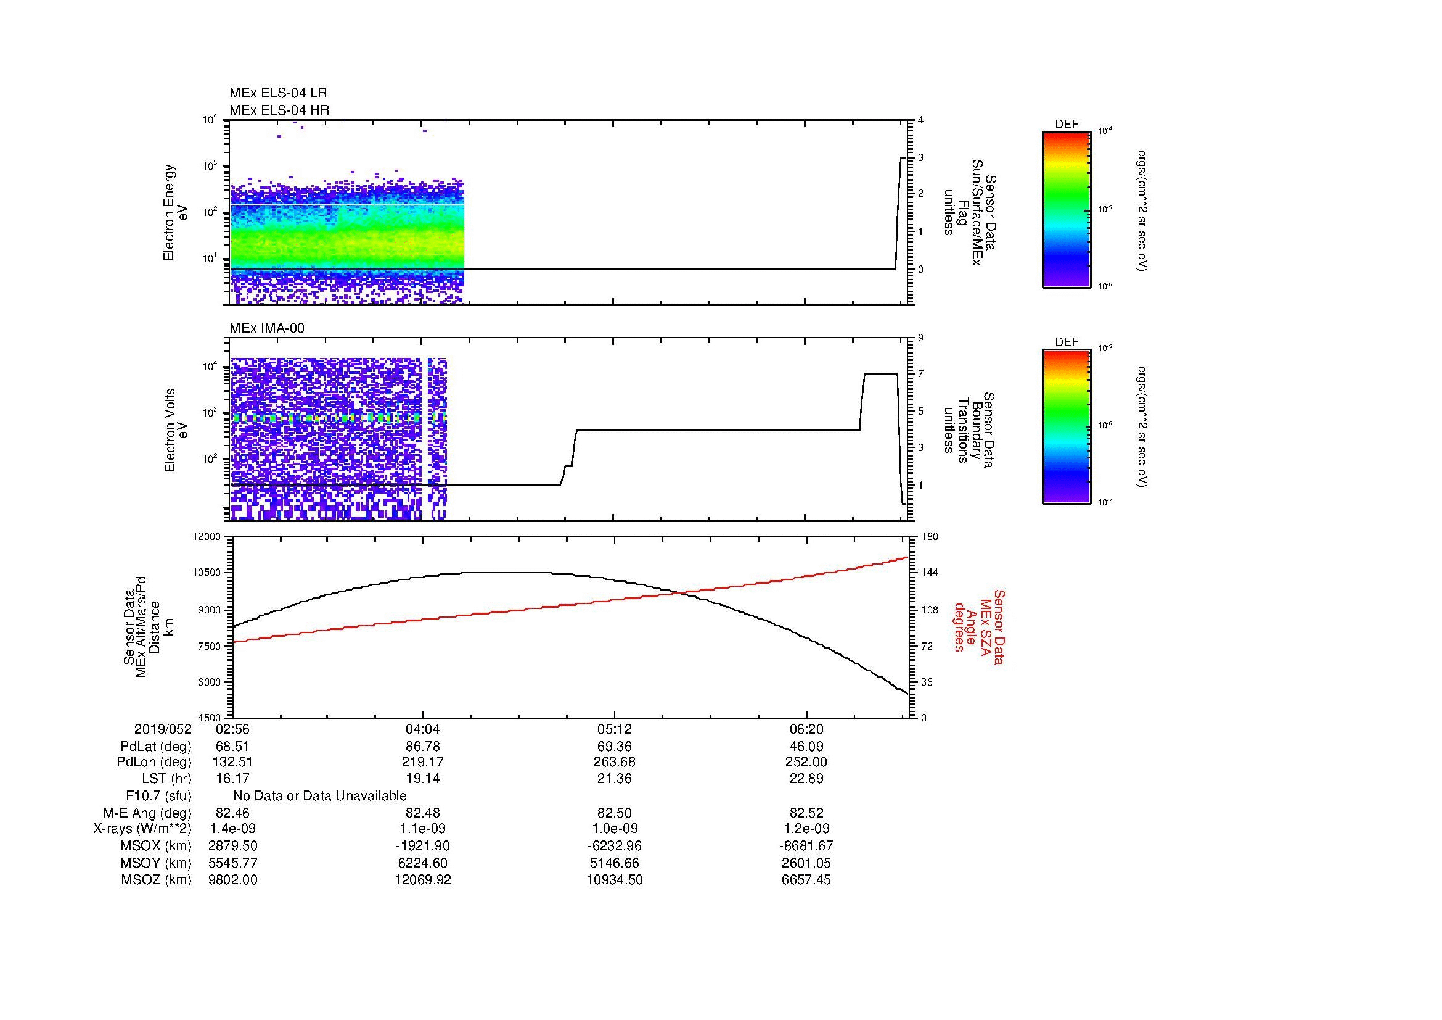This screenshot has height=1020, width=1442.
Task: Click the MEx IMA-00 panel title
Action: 266,328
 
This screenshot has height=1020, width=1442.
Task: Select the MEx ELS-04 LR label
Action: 277,93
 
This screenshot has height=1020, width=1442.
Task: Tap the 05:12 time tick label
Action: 614,729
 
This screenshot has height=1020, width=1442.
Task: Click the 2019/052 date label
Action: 163,729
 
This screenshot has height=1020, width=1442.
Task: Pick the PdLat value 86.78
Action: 423,747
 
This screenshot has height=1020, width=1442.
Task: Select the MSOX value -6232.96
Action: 614,846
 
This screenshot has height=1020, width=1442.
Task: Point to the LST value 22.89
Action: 806,779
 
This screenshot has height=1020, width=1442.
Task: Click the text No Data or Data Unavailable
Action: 320,796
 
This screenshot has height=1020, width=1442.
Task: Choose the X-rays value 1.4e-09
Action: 232,829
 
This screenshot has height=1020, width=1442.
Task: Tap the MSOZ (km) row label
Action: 156,880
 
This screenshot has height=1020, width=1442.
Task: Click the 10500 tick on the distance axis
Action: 208,573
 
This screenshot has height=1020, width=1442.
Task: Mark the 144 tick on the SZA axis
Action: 929,573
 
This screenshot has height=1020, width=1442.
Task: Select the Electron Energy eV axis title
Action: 176,212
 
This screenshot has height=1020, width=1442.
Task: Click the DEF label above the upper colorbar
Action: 1066,125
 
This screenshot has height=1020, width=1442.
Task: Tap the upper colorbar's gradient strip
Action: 1066,210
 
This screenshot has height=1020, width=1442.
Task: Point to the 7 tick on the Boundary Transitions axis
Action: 920,374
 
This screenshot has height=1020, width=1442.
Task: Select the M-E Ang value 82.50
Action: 614,813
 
